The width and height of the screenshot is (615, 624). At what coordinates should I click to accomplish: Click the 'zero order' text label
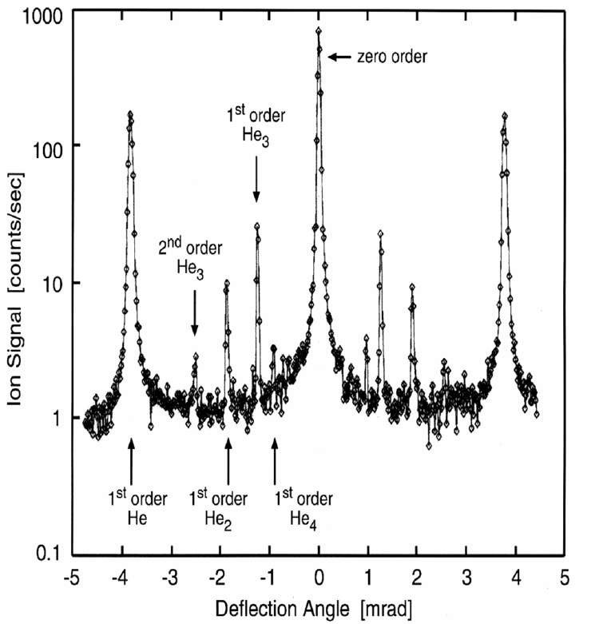(x=394, y=57)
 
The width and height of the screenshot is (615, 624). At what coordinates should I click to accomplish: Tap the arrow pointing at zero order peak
(x=340, y=57)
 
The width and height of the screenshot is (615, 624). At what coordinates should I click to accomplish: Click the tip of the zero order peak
(x=319, y=31)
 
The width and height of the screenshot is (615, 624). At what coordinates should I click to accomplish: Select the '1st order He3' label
(x=256, y=125)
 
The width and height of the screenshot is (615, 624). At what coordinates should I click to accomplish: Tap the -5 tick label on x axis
(x=71, y=576)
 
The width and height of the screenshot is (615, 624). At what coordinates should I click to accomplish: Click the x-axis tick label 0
(x=319, y=576)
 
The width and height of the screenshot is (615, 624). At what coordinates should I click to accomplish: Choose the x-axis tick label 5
(x=564, y=576)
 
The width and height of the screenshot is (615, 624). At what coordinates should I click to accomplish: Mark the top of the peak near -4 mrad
(x=130, y=113)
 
